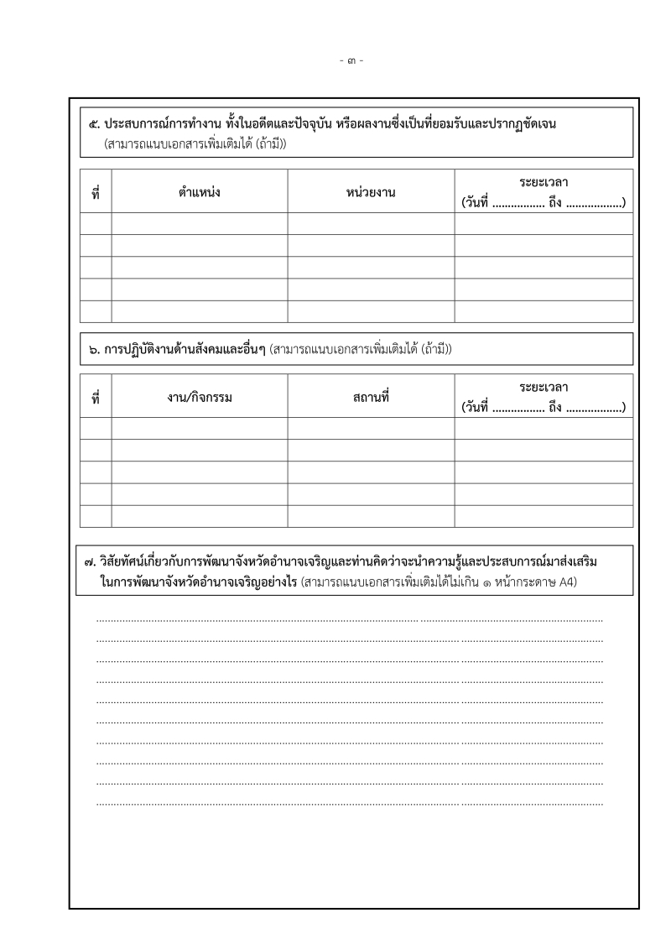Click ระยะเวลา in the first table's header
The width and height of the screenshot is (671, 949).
[544, 181]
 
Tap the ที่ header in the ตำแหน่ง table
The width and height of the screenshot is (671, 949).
[96, 194]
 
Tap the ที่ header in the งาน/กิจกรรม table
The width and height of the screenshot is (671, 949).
[96, 399]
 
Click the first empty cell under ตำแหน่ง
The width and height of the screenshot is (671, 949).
[199, 223]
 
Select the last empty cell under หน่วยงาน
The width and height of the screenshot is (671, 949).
[371, 311]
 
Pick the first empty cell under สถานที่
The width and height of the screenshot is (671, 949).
[371, 428]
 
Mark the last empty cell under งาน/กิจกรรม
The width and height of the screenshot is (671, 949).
[199, 516]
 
